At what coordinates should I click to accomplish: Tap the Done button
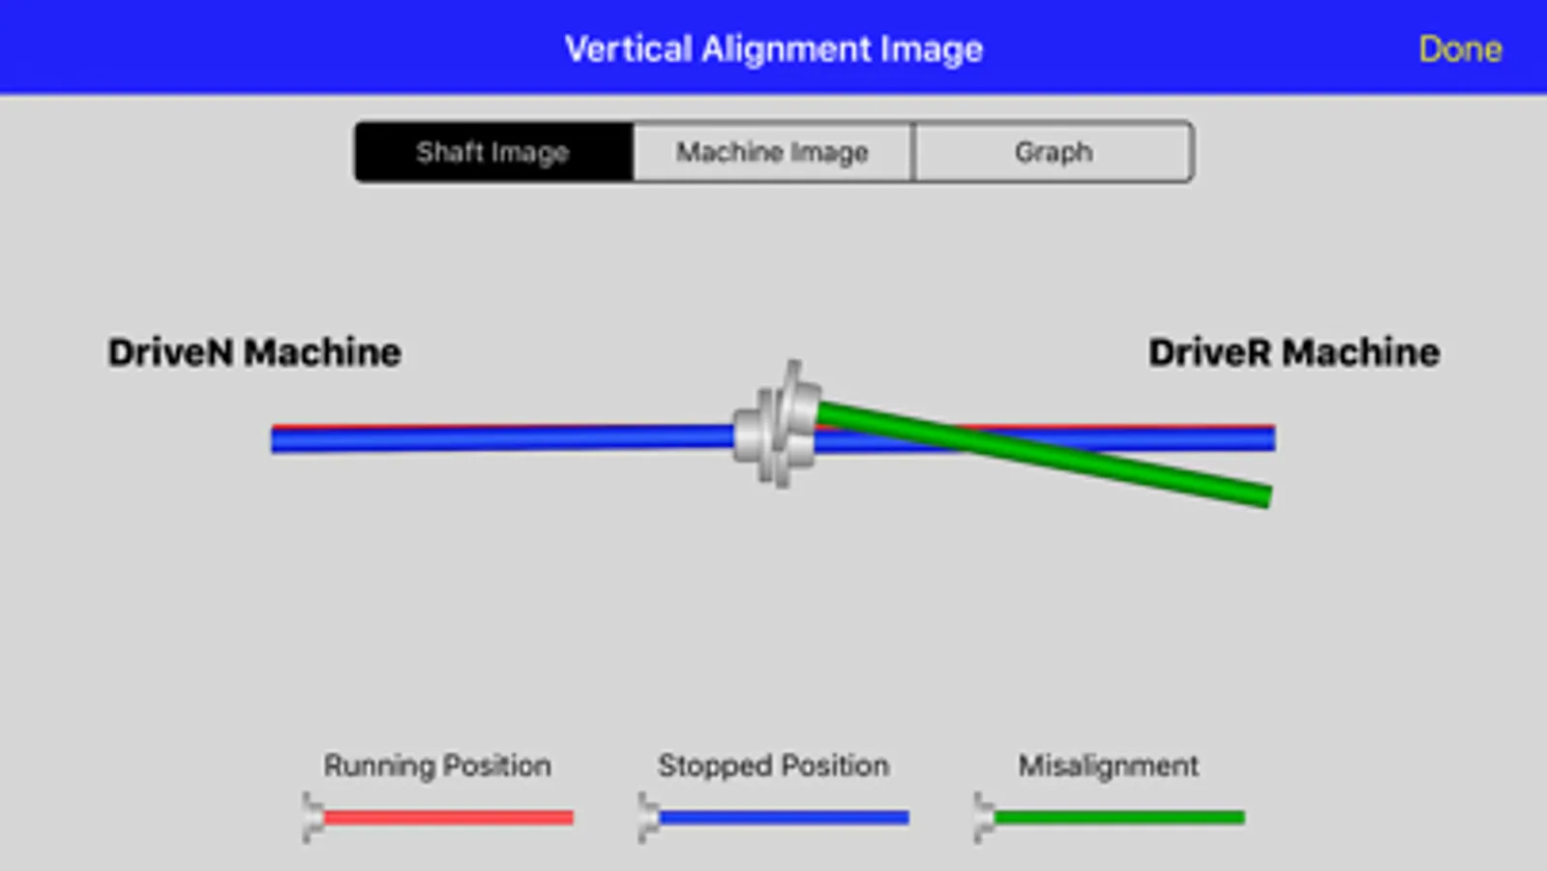1459,49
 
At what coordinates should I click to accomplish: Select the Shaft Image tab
493,152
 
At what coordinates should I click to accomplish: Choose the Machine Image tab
772,152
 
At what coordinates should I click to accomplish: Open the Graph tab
1054,152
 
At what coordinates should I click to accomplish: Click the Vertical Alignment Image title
773,49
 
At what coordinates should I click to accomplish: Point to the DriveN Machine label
254,352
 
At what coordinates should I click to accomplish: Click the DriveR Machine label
1294,352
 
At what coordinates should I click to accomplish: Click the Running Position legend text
437,766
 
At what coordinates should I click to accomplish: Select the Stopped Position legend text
773,766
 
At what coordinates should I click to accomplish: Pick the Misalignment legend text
1108,766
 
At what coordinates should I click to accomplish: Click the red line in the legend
448,818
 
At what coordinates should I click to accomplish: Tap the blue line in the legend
784,818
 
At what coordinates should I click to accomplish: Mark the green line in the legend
1118,818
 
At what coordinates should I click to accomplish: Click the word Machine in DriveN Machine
322,352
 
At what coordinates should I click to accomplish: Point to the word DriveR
1209,352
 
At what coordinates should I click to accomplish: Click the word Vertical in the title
629,49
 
